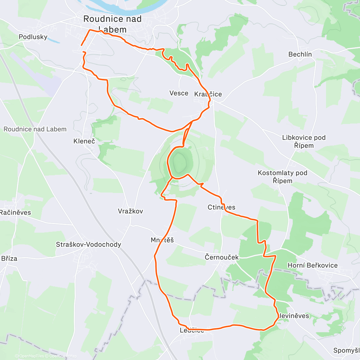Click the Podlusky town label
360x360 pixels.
tap(33, 37)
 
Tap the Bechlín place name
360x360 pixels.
tap(300, 54)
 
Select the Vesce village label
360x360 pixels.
tap(179, 93)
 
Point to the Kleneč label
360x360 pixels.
tap(84, 141)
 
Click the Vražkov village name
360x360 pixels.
tap(130, 211)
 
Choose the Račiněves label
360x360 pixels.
tap(16, 213)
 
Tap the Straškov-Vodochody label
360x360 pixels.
tap(88, 244)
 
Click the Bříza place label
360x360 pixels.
tap(9, 259)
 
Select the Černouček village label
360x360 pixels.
tap(222, 257)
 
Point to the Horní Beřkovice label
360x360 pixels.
tap(313, 265)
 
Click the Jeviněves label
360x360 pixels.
tap(294, 316)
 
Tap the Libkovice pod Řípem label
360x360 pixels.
tap(304, 142)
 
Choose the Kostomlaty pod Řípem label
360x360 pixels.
tap(283, 177)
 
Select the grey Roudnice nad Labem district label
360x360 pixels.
tap(35, 129)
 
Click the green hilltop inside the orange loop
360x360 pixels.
tap(180, 162)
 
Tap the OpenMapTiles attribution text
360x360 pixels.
tap(31, 356)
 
